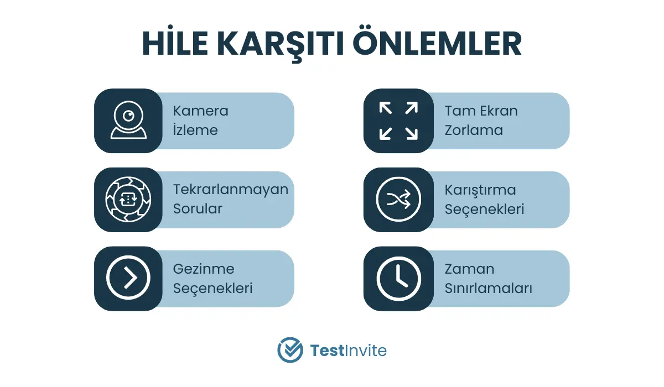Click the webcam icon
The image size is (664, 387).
coord(128,120)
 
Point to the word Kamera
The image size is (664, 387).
coord(201,111)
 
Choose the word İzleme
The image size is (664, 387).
coord(195,129)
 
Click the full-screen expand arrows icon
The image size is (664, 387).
coord(398,121)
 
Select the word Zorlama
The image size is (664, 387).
coord(474,130)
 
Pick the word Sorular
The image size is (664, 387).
coord(198,209)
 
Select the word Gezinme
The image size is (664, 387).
coord(204,269)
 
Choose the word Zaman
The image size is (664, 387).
coord(469,269)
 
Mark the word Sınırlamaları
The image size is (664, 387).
coord(488,289)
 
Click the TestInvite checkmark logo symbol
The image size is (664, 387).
coord(290,350)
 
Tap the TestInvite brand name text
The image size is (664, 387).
coord(348,351)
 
